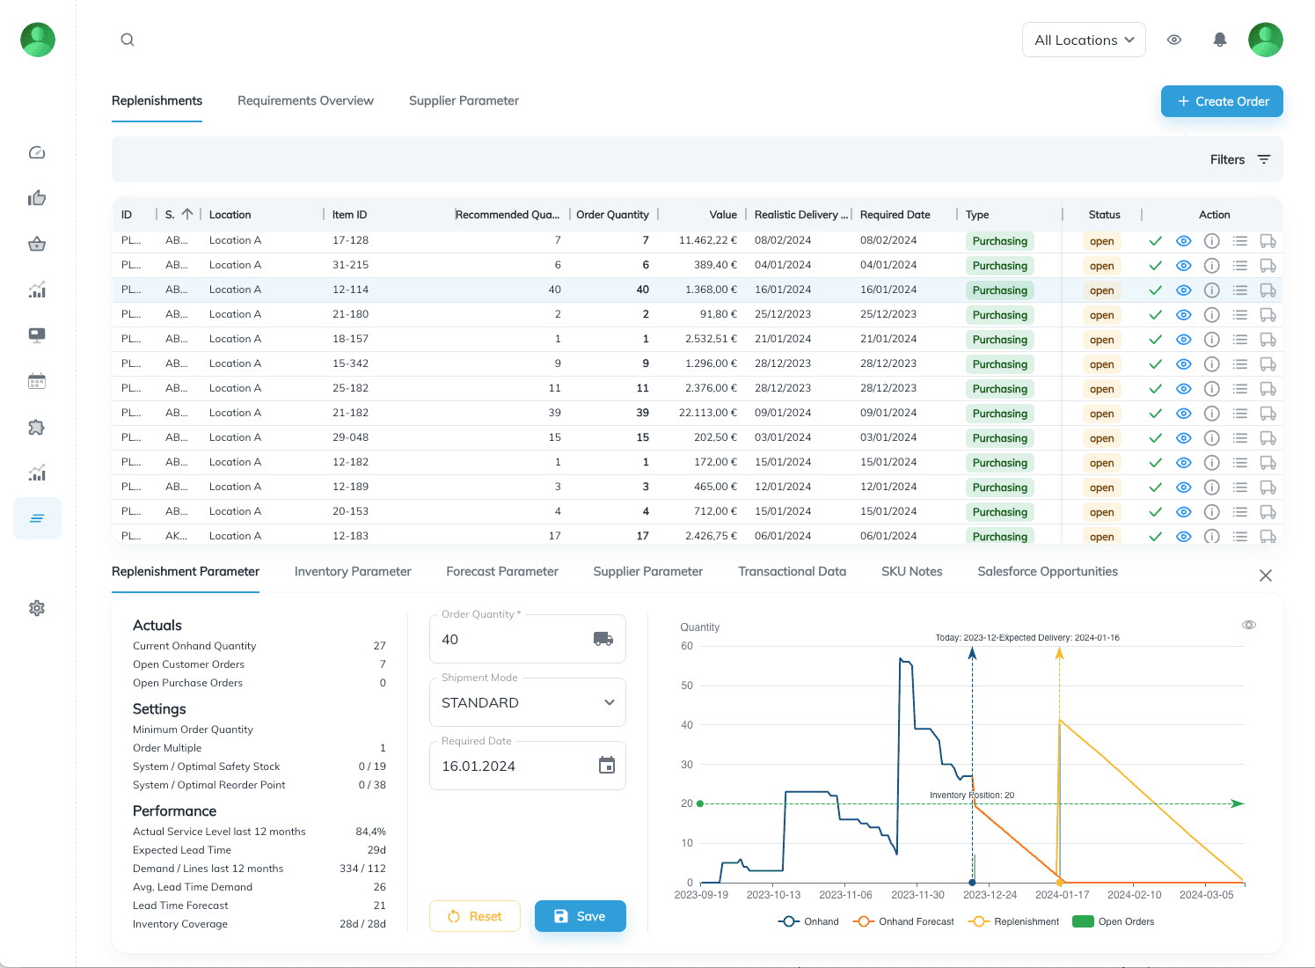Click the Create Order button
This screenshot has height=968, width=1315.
(x=1222, y=101)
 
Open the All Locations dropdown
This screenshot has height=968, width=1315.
(x=1084, y=40)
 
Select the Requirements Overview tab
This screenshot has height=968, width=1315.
(x=305, y=101)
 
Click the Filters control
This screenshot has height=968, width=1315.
(x=1239, y=159)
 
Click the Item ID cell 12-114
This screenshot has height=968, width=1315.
(x=350, y=290)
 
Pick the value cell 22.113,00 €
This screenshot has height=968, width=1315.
(x=707, y=413)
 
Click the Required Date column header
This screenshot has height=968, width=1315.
(x=895, y=215)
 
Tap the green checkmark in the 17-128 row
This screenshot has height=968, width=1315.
(x=1156, y=241)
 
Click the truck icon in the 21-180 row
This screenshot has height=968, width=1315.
(x=1268, y=315)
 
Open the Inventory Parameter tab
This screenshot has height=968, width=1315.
(x=353, y=572)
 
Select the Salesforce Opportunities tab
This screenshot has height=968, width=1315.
(x=1047, y=572)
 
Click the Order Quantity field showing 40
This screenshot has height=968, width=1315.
(x=515, y=640)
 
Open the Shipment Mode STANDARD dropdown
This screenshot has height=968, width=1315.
(x=527, y=703)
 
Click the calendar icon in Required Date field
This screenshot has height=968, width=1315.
(x=607, y=766)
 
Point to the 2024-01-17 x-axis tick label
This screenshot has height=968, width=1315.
(x=1062, y=895)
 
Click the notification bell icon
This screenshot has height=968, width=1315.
(x=1220, y=40)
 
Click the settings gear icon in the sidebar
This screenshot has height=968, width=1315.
(x=37, y=608)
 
